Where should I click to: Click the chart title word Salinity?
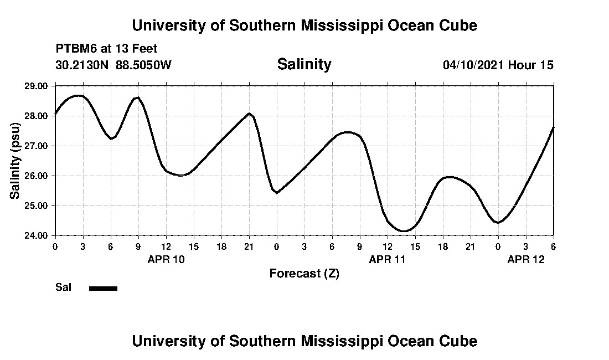tap(304, 64)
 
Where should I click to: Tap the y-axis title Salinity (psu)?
tap(15, 161)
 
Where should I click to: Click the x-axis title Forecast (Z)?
tap(304, 273)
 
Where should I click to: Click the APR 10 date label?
tap(166, 259)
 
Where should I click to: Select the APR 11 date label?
tap(388, 259)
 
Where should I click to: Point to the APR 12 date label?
tap(526, 259)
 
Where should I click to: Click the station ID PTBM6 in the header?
tap(75, 49)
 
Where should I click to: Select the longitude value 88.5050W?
tap(144, 65)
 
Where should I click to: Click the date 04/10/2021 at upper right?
tap(473, 65)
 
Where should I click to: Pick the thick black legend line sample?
tap(103, 288)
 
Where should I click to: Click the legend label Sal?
tap(63, 287)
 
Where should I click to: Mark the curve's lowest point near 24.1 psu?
tap(404, 231)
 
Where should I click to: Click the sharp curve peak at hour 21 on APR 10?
tap(249, 114)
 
